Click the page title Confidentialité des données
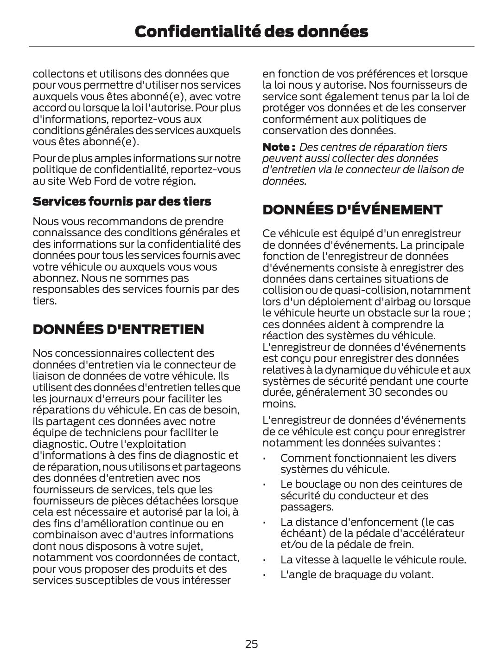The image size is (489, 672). tap(252, 32)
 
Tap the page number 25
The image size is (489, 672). tap(252, 644)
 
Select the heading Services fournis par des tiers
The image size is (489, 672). tap(121, 201)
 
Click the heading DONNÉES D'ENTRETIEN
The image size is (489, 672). tap(118, 330)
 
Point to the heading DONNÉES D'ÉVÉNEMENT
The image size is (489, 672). tap(352, 210)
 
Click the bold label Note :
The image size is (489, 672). tap(279, 147)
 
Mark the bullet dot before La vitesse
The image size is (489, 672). tap(264, 560)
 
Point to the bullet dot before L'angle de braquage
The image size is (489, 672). tap(264, 575)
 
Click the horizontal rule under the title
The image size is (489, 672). tap(252, 46)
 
